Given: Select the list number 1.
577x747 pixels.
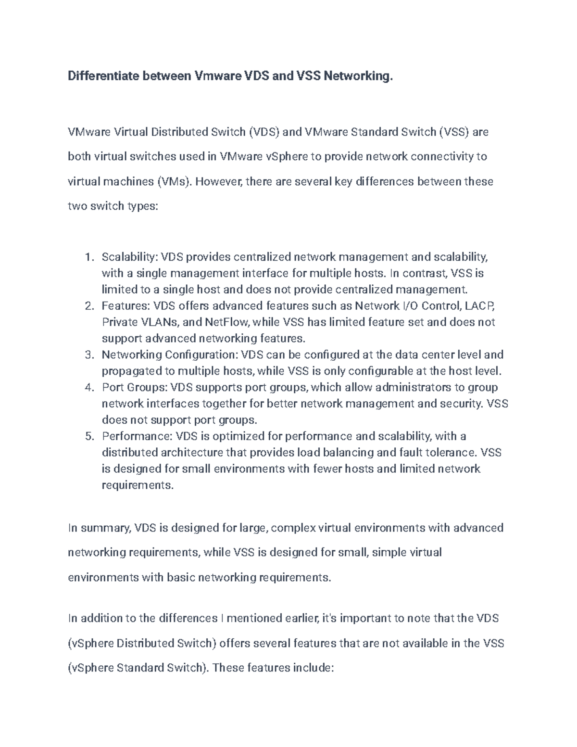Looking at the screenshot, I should pyautogui.click(x=88, y=257).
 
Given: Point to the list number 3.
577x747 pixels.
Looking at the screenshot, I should pyautogui.click(x=88, y=355).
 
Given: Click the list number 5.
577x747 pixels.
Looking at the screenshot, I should pyautogui.click(x=88, y=436).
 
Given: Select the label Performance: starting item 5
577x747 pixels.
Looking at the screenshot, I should pyautogui.click(x=137, y=436).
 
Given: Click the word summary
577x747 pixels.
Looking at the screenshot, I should pyautogui.click(x=105, y=528).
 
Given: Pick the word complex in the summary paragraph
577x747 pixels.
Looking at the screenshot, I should pyautogui.click(x=294, y=528).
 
